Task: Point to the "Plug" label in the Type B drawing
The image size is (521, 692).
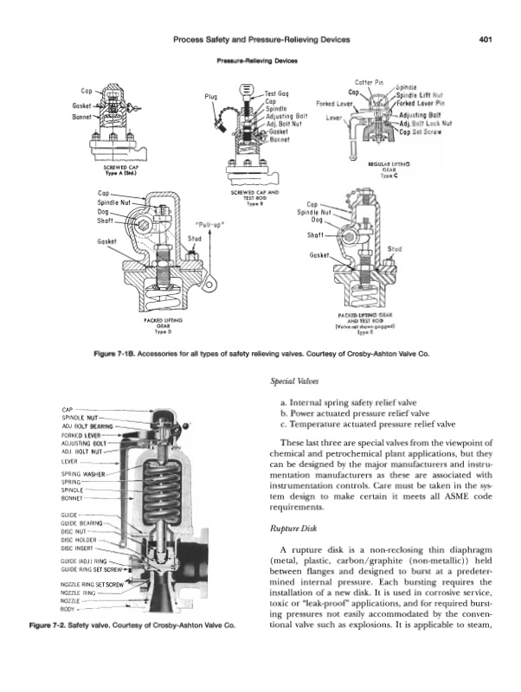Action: (x=211, y=97)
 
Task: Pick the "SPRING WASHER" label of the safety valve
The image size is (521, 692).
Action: (x=83, y=475)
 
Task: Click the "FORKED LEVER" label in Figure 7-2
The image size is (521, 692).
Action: (x=81, y=435)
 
